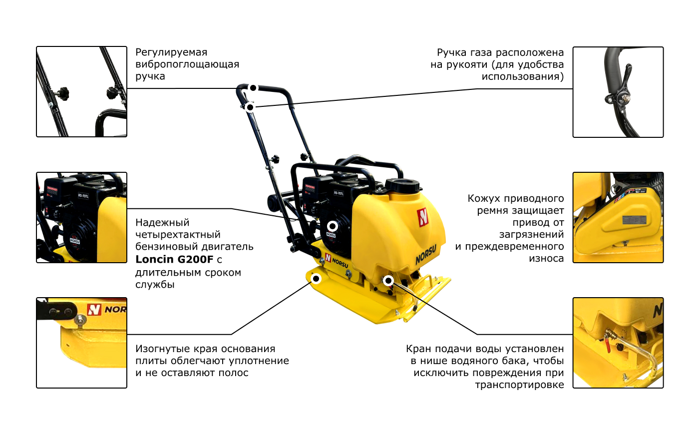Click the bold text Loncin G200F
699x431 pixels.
[174, 259]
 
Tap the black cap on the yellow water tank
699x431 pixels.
[402, 185]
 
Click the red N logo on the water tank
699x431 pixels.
[423, 217]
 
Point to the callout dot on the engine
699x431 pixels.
[333, 226]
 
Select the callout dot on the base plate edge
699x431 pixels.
[316, 278]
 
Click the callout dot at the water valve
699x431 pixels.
[388, 281]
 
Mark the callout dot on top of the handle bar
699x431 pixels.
[253, 88]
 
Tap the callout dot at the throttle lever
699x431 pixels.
[250, 107]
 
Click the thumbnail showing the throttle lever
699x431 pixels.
[618, 92]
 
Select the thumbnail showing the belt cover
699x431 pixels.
[618, 218]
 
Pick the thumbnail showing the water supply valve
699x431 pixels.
[618, 343]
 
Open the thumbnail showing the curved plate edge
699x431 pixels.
[81, 343]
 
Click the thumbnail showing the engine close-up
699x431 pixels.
[81, 218]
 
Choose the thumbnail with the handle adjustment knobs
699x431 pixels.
[81, 92]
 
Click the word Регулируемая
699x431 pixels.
[171, 52]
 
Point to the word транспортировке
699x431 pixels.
[520, 385]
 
